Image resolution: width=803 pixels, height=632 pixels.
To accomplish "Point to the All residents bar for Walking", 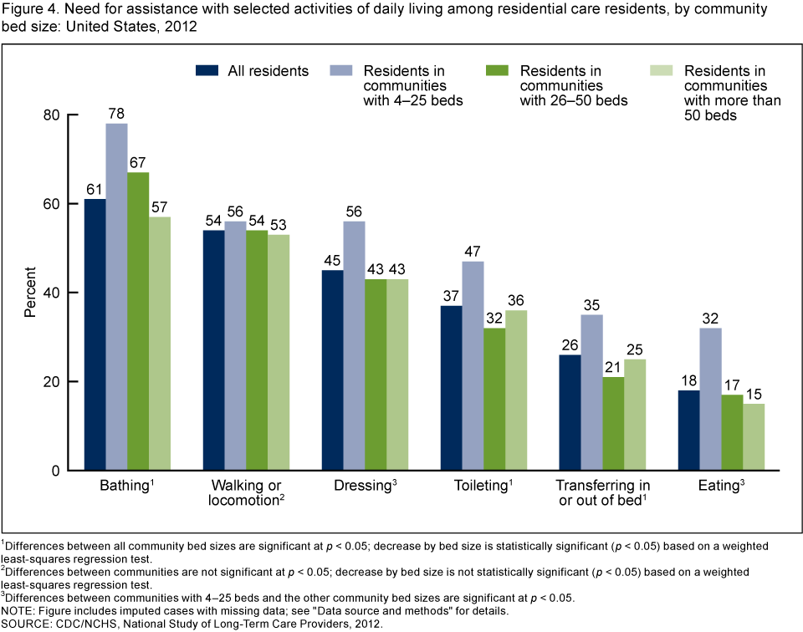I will [213, 350].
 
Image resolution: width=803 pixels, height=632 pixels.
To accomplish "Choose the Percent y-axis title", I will [30, 292].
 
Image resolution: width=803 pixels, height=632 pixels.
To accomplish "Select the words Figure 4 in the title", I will [25, 11].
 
